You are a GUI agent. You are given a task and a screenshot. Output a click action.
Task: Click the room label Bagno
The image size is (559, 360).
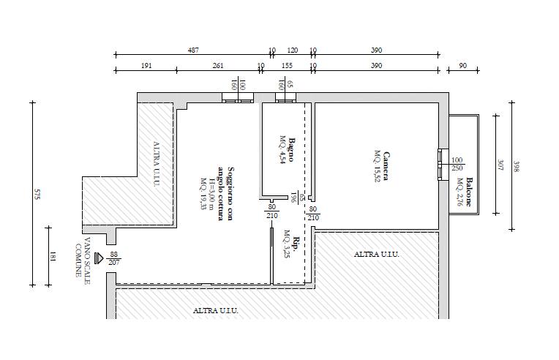[x=291, y=150]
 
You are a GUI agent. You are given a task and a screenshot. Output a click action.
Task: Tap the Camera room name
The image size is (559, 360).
[x=386, y=166]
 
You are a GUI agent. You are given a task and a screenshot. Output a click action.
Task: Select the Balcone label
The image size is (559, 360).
[x=469, y=192]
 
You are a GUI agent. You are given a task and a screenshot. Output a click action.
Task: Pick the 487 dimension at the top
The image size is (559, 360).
[x=193, y=50]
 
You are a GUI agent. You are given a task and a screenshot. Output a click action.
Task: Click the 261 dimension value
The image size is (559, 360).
[x=218, y=66]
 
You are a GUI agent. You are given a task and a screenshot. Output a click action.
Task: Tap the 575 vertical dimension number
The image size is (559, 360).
[x=37, y=194]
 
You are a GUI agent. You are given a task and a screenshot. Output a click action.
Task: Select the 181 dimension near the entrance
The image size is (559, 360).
[x=53, y=257]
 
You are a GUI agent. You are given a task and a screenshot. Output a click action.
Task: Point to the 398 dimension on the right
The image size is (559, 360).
[x=516, y=166]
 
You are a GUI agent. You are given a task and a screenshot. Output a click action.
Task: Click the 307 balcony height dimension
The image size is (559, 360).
[x=500, y=165]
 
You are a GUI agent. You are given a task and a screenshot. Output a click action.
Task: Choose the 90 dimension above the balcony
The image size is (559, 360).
[x=462, y=66]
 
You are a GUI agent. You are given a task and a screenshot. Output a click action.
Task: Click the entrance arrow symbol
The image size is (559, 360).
[x=99, y=258]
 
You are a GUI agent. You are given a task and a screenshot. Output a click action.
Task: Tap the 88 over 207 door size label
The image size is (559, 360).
[x=113, y=258]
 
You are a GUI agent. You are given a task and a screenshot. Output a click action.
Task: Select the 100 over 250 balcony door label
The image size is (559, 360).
[x=457, y=164]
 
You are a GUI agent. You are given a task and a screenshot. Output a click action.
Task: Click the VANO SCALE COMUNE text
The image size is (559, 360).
[x=83, y=257]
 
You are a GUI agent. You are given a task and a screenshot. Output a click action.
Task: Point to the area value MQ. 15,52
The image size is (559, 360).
[x=378, y=166]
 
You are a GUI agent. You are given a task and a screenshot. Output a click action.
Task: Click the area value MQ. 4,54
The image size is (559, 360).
[x=282, y=150]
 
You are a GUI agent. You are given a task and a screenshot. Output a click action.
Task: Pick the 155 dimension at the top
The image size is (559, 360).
[x=287, y=66]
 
